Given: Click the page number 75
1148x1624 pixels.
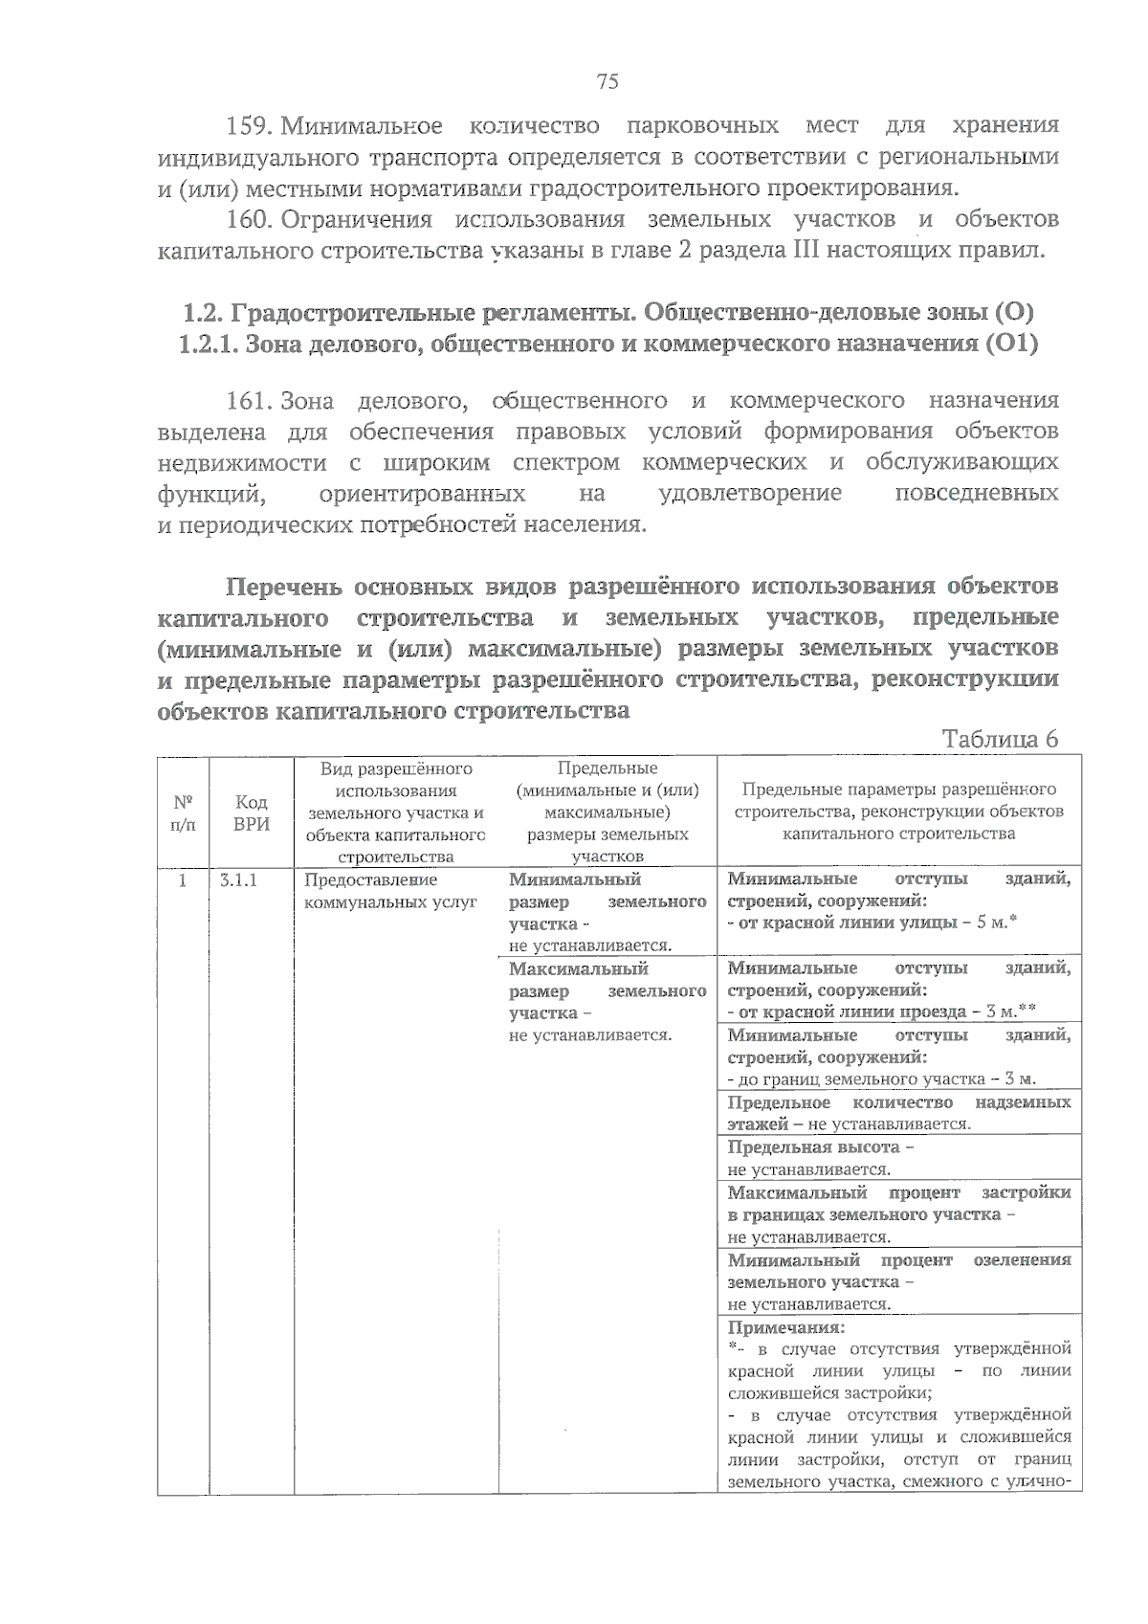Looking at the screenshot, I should coord(607,81).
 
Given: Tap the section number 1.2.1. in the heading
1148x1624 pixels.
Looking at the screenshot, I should coord(208,344).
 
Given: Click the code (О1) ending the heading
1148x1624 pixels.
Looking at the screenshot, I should coord(1009,344).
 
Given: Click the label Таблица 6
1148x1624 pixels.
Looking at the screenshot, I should coord(1000,739).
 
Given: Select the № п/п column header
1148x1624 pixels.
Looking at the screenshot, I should coord(183,812).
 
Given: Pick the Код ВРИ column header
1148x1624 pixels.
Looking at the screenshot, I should coord(251,812).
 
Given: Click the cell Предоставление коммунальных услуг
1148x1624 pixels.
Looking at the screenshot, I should coord(390,891).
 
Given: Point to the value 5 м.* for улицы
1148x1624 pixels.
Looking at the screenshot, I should coord(996,923).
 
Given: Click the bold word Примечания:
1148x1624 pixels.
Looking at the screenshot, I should coord(785,1327).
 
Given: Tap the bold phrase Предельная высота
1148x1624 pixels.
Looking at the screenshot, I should coord(813,1146).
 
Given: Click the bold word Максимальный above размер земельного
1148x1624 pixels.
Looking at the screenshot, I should coord(578,968).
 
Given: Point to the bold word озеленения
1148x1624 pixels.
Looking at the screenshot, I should coord(1022,1260).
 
